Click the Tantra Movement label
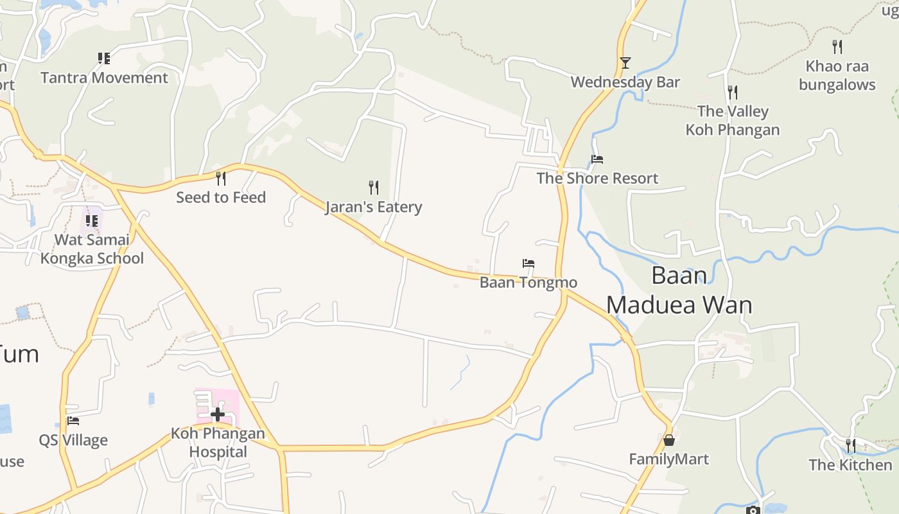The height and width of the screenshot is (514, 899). (104, 78)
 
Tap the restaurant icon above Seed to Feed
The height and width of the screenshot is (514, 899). (221, 178)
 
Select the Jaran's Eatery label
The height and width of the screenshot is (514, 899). (373, 207)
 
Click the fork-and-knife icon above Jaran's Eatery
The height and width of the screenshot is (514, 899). (374, 187)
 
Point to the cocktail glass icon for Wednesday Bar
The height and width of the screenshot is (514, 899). (625, 62)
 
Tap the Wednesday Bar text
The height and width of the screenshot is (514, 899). (625, 82)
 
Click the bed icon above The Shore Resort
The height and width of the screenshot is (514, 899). (597, 159)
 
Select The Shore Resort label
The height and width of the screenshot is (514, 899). (597, 178)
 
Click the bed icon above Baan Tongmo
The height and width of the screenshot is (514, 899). (528, 263)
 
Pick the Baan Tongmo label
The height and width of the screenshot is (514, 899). (528, 282)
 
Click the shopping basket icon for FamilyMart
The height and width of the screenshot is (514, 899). (669, 440)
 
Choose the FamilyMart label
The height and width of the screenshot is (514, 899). (668, 459)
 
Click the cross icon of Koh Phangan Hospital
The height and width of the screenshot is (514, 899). (218, 414)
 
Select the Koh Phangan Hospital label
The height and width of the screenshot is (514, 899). (218, 442)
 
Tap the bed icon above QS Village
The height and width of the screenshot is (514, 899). (73, 421)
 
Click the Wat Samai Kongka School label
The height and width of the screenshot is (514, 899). (92, 249)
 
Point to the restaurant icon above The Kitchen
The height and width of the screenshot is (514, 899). (850, 445)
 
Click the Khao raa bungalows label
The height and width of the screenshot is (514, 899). (837, 75)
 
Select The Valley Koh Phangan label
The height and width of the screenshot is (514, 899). (733, 120)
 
